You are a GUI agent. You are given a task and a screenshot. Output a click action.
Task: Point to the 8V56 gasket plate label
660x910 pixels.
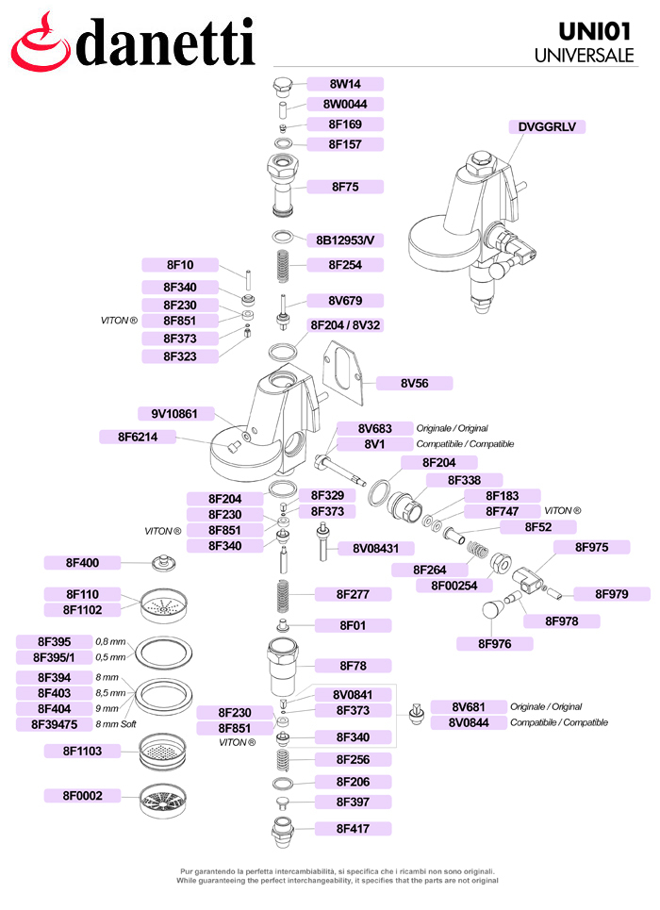[414, 383]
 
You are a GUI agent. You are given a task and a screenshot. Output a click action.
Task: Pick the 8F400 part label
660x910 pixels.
[83, 563]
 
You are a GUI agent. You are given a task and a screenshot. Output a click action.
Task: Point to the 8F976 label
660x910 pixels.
[494, 644]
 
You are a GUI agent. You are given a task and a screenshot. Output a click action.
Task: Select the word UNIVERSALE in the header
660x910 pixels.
[584, 56]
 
